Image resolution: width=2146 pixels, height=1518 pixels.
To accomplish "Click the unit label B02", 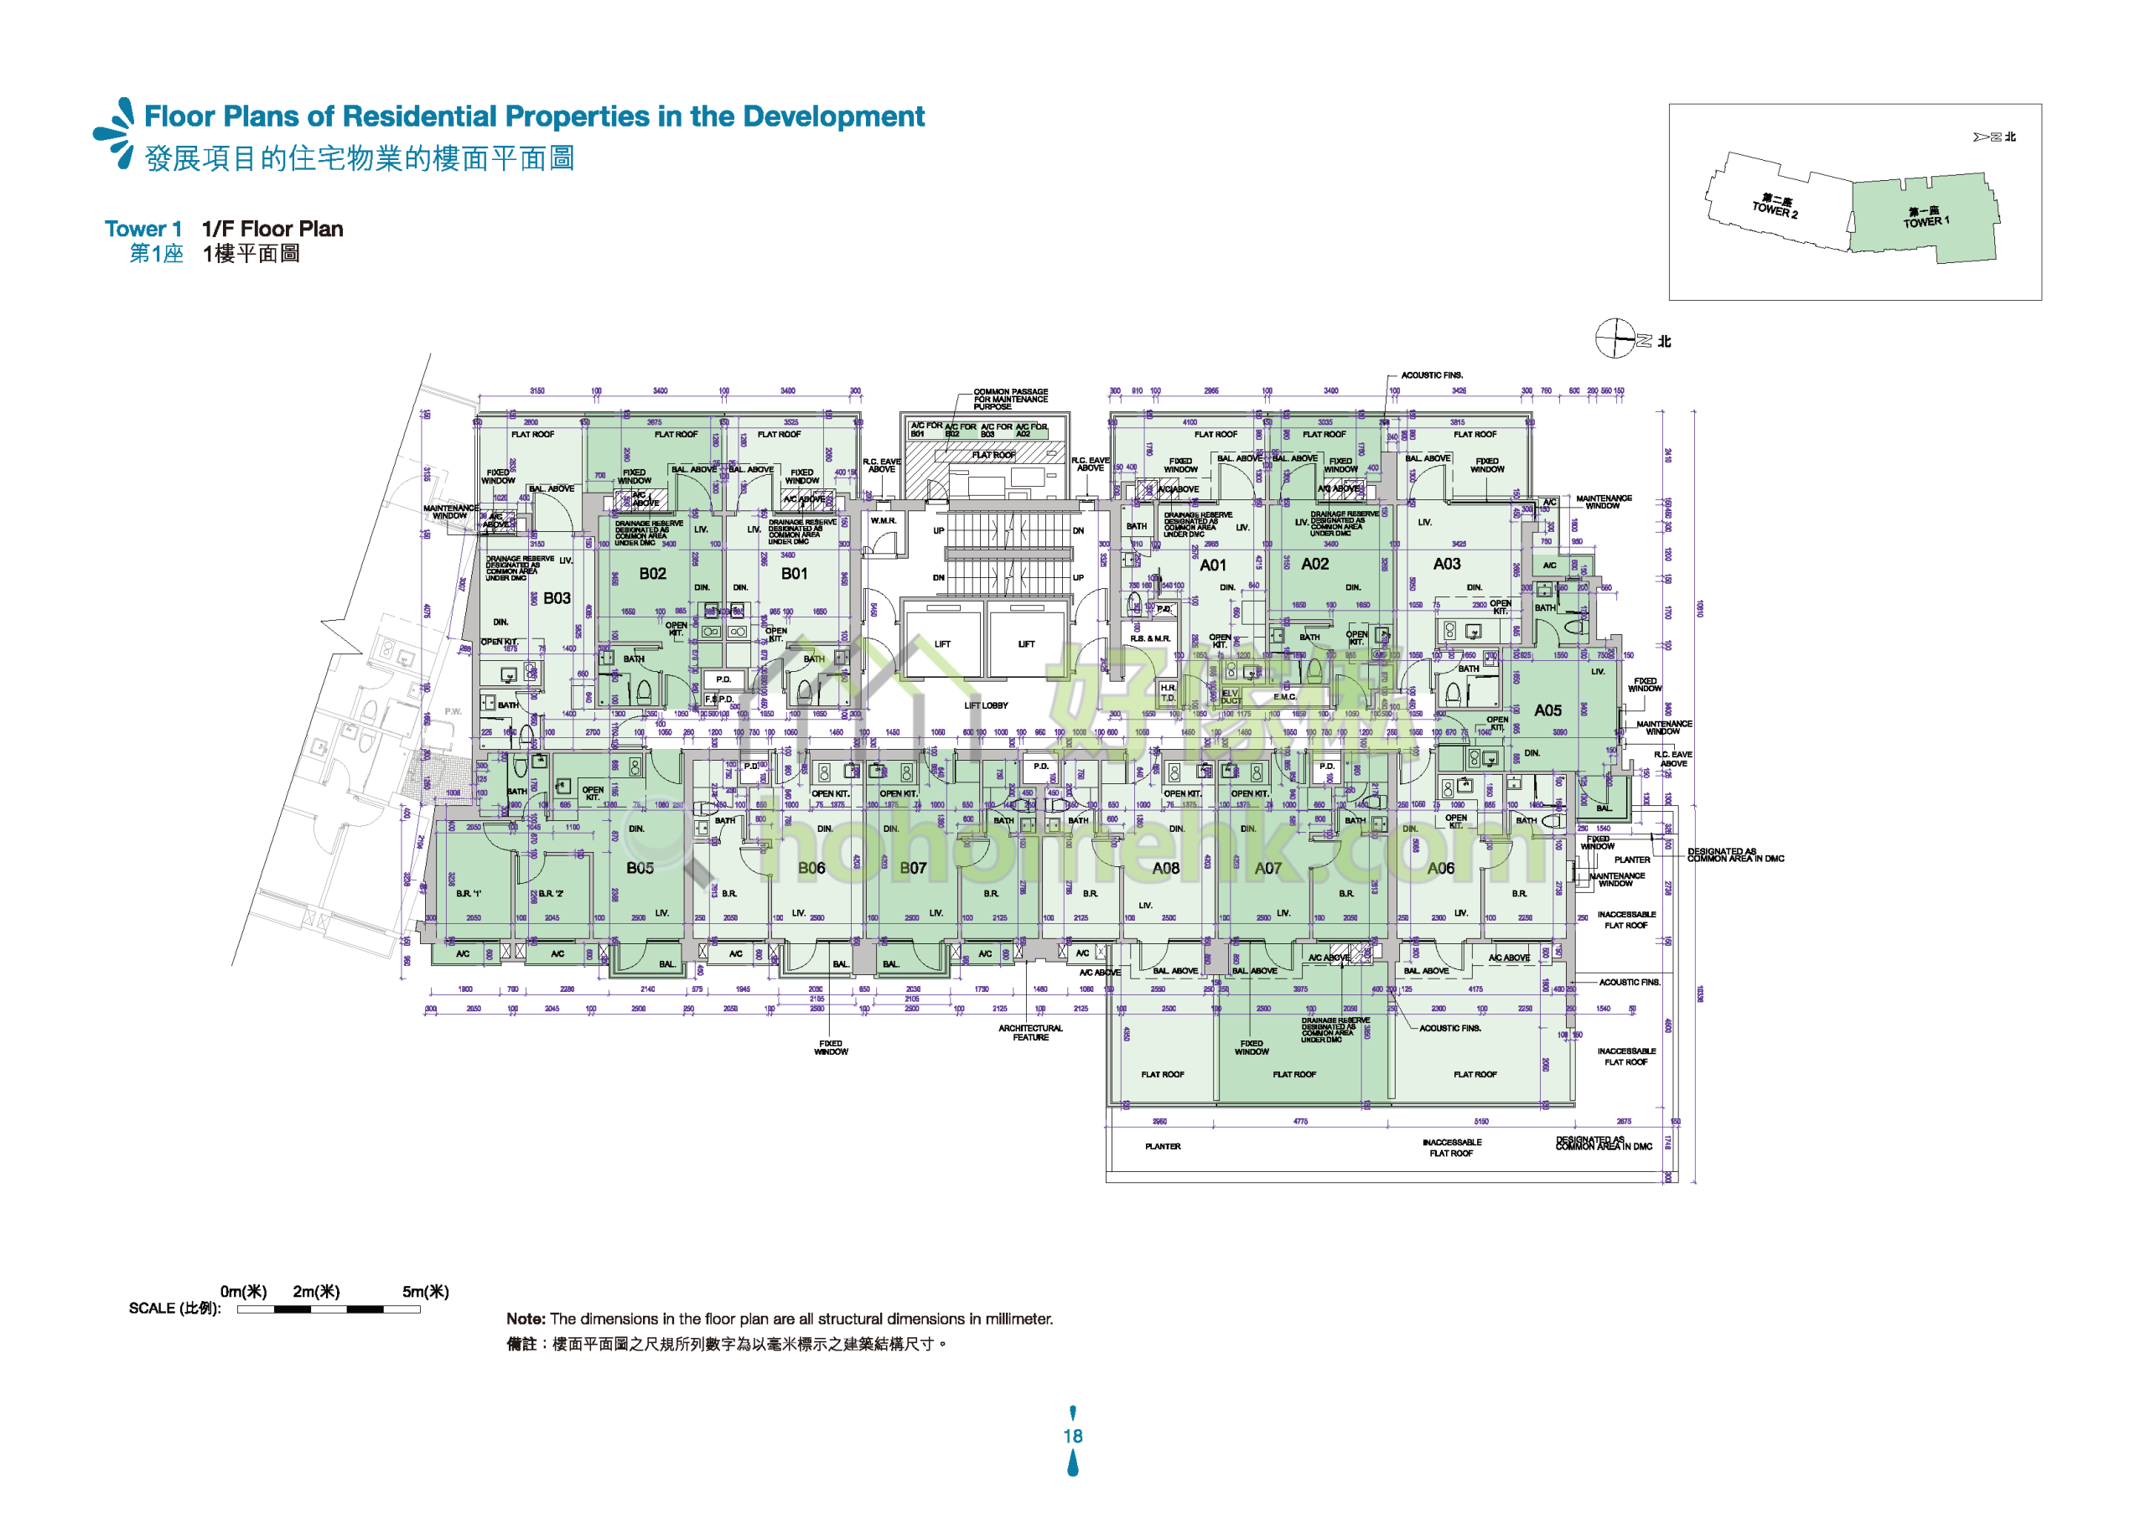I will tap(653, 574).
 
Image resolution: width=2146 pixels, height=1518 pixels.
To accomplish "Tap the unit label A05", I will tap(1547, 710).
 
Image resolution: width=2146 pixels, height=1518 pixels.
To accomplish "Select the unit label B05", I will tap(640, 869).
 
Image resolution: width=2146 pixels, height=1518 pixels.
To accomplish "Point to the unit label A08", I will tap(1165, 869).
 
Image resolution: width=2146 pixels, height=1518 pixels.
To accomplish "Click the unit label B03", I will tap(557, 598).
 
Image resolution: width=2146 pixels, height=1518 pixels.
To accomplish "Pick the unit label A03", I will tap(1447, 564).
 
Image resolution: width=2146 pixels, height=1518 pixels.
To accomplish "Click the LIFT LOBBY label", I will tap(987, 705).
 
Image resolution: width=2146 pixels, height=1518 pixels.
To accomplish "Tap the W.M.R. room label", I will tap(883, 520).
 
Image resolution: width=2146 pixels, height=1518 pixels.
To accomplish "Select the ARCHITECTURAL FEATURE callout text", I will tap(1030, 1033).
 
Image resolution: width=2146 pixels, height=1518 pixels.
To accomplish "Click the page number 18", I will tap(1072, 1436).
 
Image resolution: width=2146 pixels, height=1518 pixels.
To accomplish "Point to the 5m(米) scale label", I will tap(426, 1292).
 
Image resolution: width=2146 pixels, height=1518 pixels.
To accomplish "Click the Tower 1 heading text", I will tap(143, 229).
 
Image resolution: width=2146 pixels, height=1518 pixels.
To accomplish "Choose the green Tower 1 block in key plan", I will tap(1926, 217).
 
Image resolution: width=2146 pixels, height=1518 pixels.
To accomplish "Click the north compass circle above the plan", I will tap(1614, 338).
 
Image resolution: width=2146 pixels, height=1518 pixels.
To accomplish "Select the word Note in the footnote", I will tap(525, 1319).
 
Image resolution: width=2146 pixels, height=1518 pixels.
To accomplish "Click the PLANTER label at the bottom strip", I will tap(1163, 1146).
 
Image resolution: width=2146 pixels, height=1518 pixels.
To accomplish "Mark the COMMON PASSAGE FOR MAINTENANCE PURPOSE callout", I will tap(1010, 399).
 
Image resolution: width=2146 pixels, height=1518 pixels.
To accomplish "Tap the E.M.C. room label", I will tap(1285, 696).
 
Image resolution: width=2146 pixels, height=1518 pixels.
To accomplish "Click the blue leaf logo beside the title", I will tap(116, 134).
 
